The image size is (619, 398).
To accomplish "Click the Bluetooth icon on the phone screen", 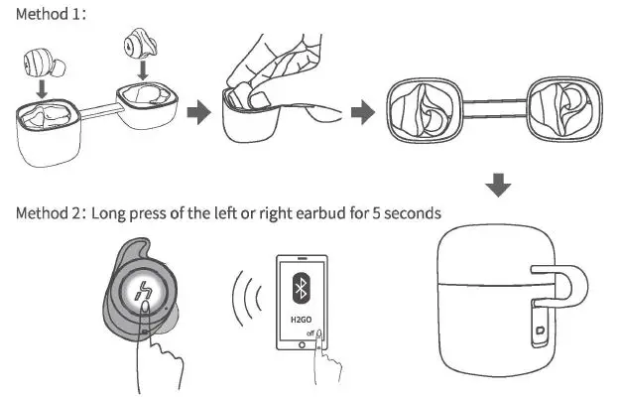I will pos(299,289).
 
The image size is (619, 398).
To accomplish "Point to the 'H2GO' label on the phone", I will pos(299,321).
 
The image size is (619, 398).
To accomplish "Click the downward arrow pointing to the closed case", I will pos(501,185).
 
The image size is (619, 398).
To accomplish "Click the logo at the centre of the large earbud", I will pos(142,296).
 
